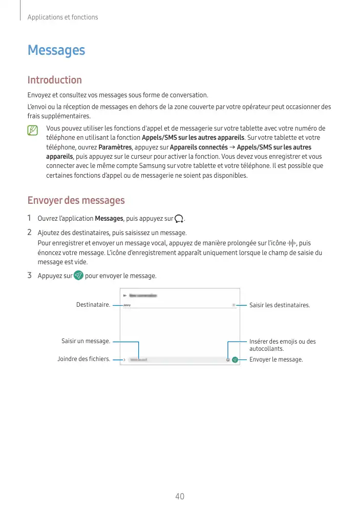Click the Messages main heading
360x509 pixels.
(x=56, y=50)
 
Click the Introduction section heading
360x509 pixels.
(x=54, y=80)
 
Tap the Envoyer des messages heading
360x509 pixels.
(x=76, y=200)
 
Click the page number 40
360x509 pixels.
(x=180, y=496)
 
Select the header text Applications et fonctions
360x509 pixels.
(x=62, y=17)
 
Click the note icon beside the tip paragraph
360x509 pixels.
(x=33, y=131)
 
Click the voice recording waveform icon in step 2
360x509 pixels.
(x=292, y=243)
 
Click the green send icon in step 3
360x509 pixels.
(x=78, y=275)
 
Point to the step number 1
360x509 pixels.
(x=30, y=219)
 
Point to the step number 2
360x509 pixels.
(x=30, y=234)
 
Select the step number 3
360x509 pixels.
(x=30, y=275)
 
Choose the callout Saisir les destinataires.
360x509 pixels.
(x=279, y=305)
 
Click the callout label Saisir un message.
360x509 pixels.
(x=86, y=341)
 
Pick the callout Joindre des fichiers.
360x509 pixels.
(x=83, y=359)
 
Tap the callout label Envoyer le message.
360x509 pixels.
(x=276, y=359)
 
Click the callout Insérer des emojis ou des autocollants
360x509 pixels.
(x=282, y=345)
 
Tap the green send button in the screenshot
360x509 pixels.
(x=235, y=360)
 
